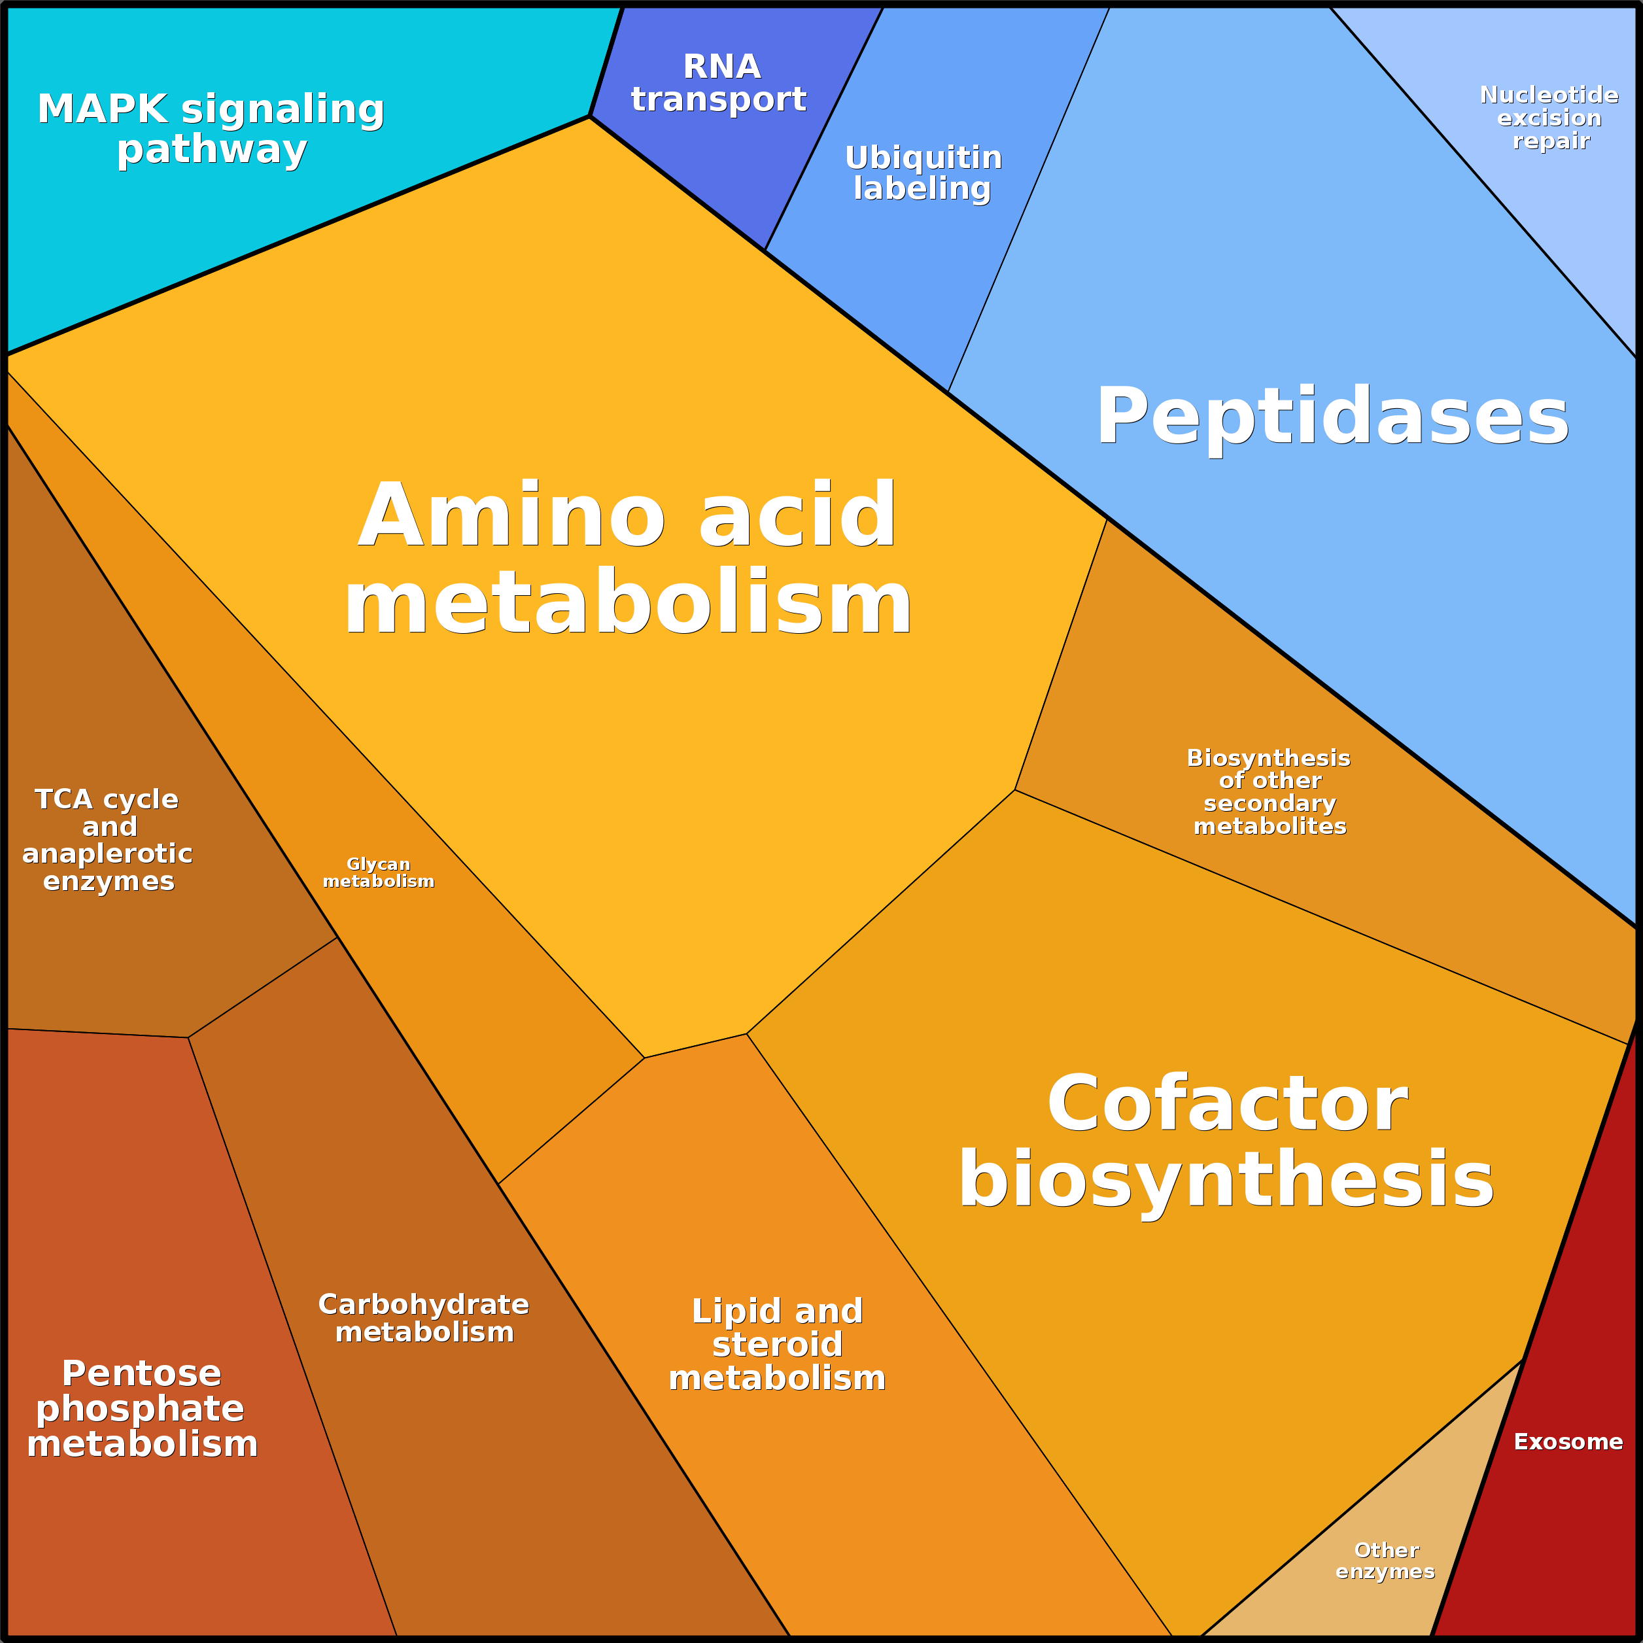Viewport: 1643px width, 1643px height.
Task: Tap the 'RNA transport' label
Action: pyautogui.click(x=719, y=82)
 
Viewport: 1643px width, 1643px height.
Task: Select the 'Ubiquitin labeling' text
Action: pyautogui.click(x=924, y=173)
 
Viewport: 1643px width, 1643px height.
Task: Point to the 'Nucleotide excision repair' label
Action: pyautogui.click(x=1549, y=117)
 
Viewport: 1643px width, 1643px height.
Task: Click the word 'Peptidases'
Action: pyautogui.click(x=1332, y=416)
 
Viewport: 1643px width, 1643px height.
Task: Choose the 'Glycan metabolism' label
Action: pyautogui.click(x=379, y=873)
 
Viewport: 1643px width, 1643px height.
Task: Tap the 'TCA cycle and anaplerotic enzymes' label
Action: pyautogui.click(x=107, y=839)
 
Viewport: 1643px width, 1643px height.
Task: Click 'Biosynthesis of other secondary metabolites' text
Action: pyautogui.click(x=1269, y=791)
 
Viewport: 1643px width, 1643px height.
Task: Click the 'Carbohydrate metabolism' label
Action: pyautogui.click(x=424, y=1317)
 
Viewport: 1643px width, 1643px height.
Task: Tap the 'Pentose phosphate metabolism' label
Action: pyautogui.click(x=142, y=1408)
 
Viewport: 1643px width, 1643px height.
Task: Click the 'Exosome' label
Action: pyautogui.click(x=1567, y=1442)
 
